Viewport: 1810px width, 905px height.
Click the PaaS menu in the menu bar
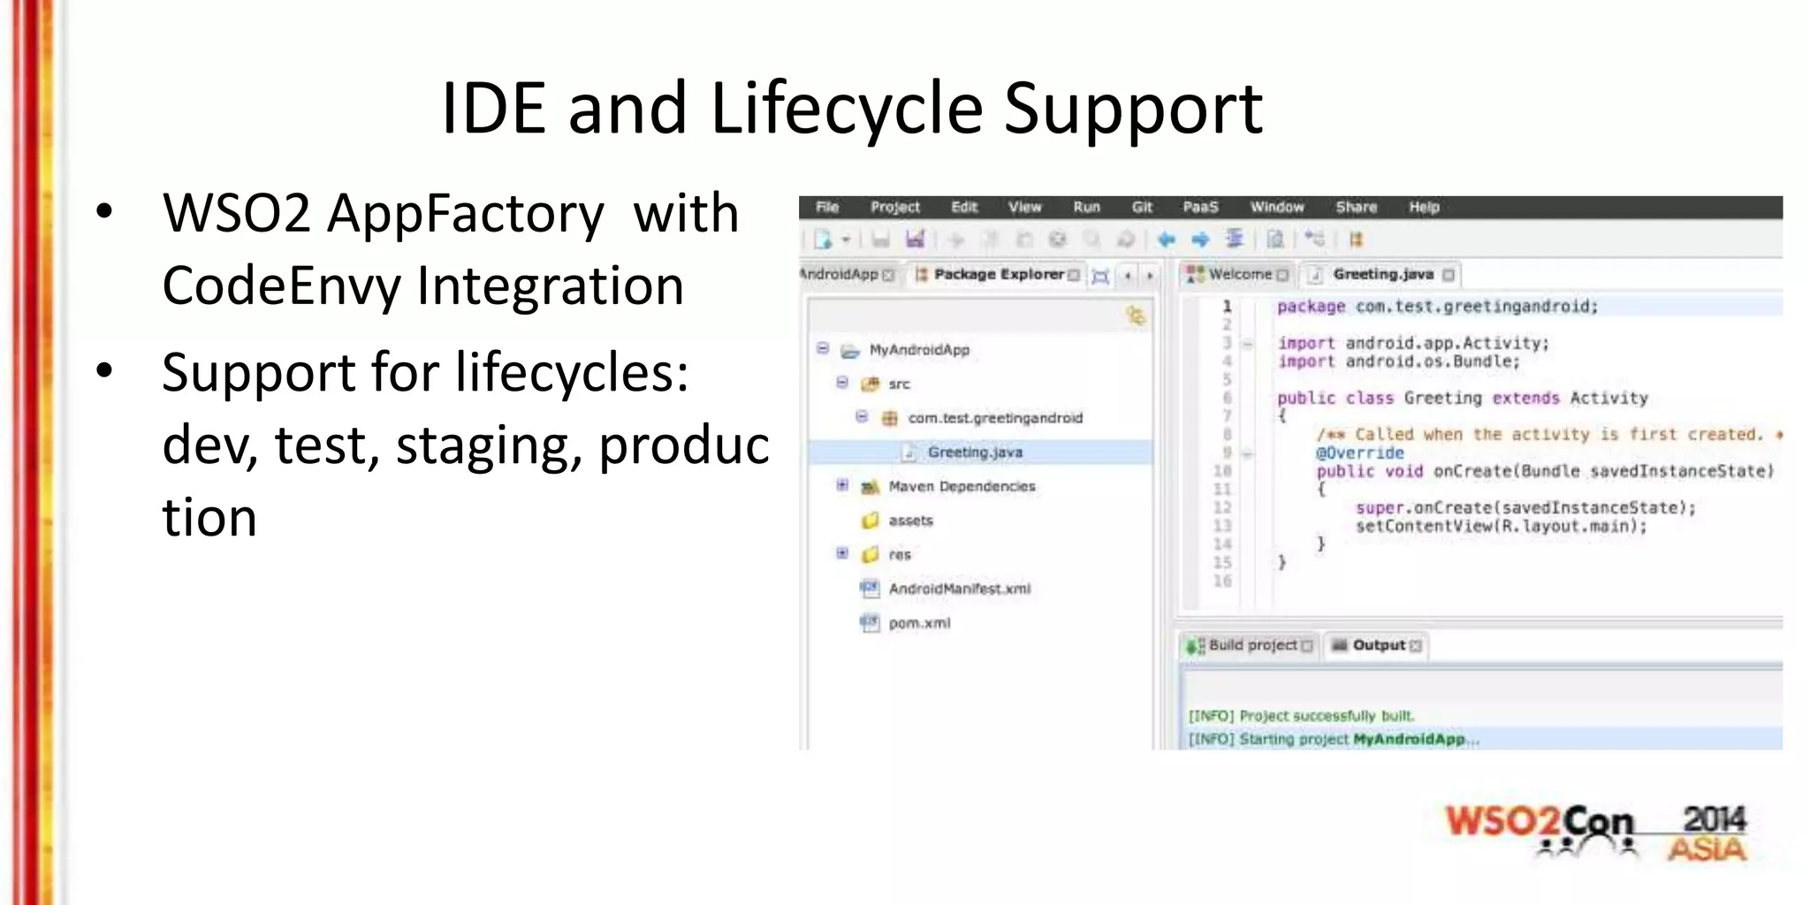[1200, 207]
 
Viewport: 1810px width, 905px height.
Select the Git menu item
[1142, 207]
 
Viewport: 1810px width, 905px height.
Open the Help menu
[1424, 207]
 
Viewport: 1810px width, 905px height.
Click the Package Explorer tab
[998, 275]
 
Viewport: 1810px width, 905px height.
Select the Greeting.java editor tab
[1382, 275]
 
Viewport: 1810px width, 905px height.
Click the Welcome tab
[1239, 275]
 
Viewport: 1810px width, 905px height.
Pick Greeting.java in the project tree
[974, 452]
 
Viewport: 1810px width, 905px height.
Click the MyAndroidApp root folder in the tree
[919, 350]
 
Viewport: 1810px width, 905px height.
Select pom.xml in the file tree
[919, 623]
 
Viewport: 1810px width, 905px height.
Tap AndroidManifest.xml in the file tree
[959, 589]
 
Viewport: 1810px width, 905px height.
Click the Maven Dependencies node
[961, 486]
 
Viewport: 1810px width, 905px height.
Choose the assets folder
[910, 521]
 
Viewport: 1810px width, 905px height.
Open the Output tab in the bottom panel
[1378, 645]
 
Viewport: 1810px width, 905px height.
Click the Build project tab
[1251, 645]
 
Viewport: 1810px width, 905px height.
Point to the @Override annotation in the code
[1359, 452]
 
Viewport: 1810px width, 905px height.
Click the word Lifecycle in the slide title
[846, 109]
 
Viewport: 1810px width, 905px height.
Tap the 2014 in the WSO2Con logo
[1714, 818]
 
